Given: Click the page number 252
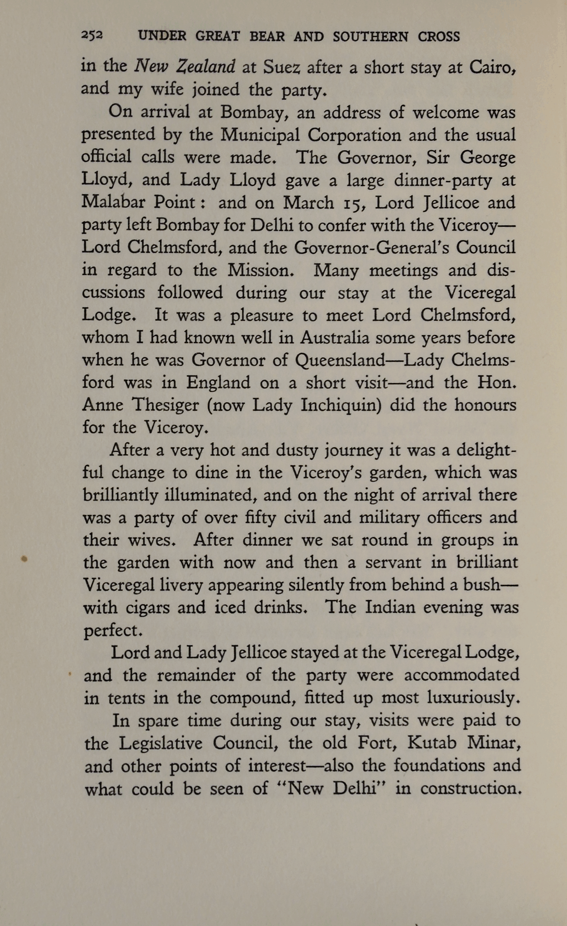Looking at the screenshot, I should [92, 35].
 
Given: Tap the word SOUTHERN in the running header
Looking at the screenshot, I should [370, 37].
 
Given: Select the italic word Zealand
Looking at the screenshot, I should [206, 67].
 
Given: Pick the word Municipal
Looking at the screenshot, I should [260, 135].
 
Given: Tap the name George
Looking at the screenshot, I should [487, 158].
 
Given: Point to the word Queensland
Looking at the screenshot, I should [340, 360].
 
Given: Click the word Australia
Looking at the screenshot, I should [335, 337].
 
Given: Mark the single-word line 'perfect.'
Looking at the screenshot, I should [113, 631].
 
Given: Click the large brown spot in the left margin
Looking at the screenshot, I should [24, 559].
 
